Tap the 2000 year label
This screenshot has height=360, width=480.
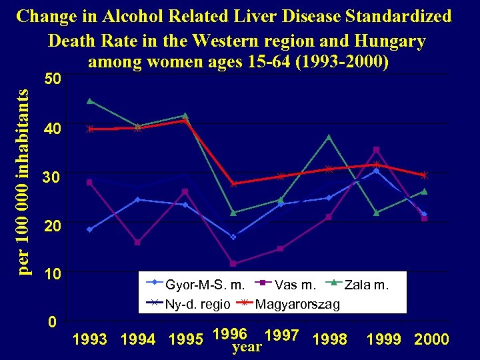click(431, 339)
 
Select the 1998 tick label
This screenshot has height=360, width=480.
click(329, 339)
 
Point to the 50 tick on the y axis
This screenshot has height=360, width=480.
click(52, 79)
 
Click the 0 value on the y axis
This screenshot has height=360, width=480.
click(52, 322)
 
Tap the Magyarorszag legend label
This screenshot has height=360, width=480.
click(297, 304)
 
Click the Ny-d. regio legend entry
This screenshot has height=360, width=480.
click(197, 304)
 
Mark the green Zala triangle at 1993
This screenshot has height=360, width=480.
click(89, 101)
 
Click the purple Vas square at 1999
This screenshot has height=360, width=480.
click(376, 149)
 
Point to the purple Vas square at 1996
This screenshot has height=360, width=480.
click(233, 263)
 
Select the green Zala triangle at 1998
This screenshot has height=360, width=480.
click(329, 137)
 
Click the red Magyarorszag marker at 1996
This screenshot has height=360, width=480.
click(233, 184)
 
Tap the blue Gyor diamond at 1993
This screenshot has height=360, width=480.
click(89, 229)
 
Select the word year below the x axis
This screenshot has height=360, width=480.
click(246, 347)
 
